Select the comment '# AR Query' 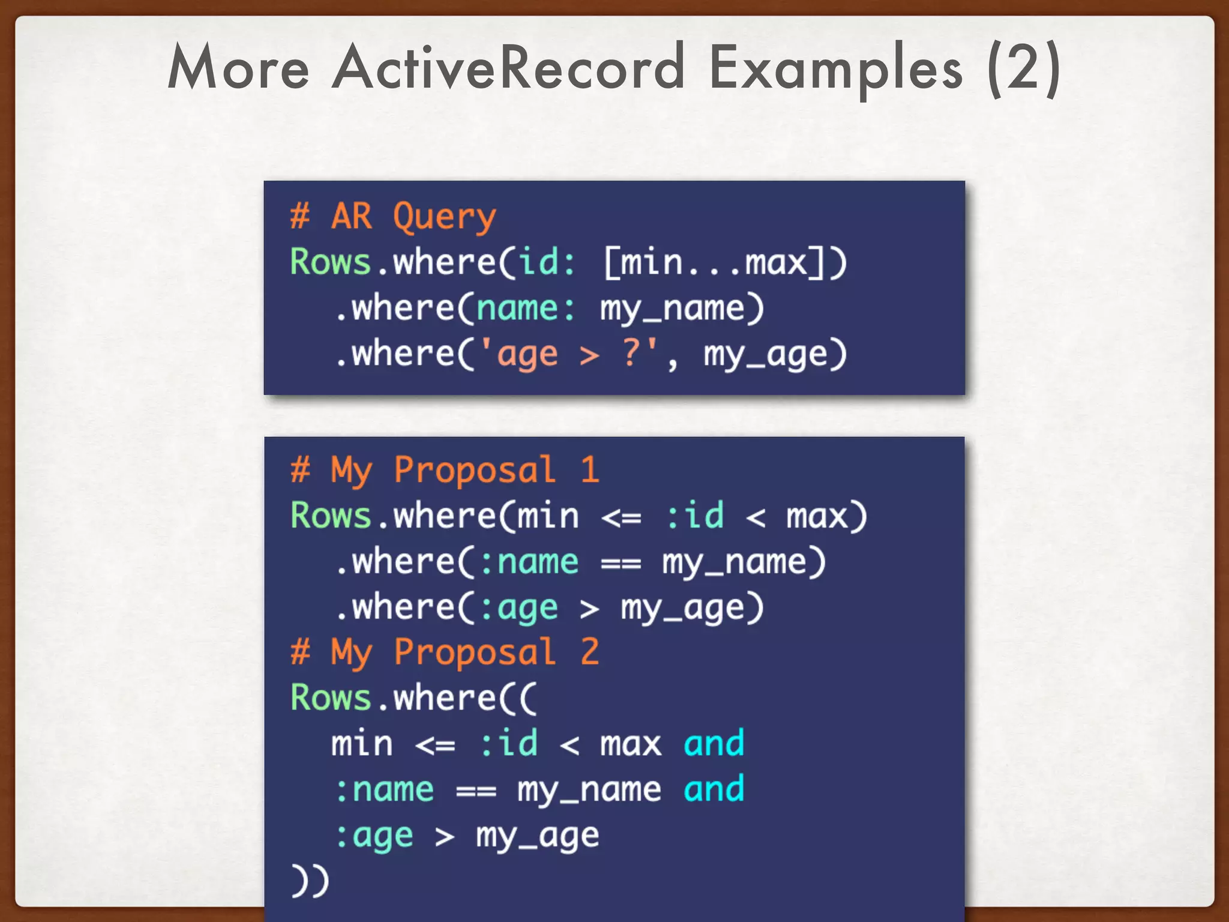click(x=393, y=217)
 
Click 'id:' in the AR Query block click(x=546, y=263)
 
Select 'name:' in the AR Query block click(x=526, y=309)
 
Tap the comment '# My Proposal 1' click(x=444, y=470)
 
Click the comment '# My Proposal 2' click(x=444, y=652)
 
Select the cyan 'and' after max click(x=714, y=744)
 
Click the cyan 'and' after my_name click(x=714, y=789)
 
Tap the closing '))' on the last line click(x=310, y=881)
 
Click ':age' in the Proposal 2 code click(x=374, y=836)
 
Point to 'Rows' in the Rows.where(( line click(x=330, y=698)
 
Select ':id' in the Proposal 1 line click(x=694, y=516)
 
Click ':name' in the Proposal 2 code click(x=384, y=790)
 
